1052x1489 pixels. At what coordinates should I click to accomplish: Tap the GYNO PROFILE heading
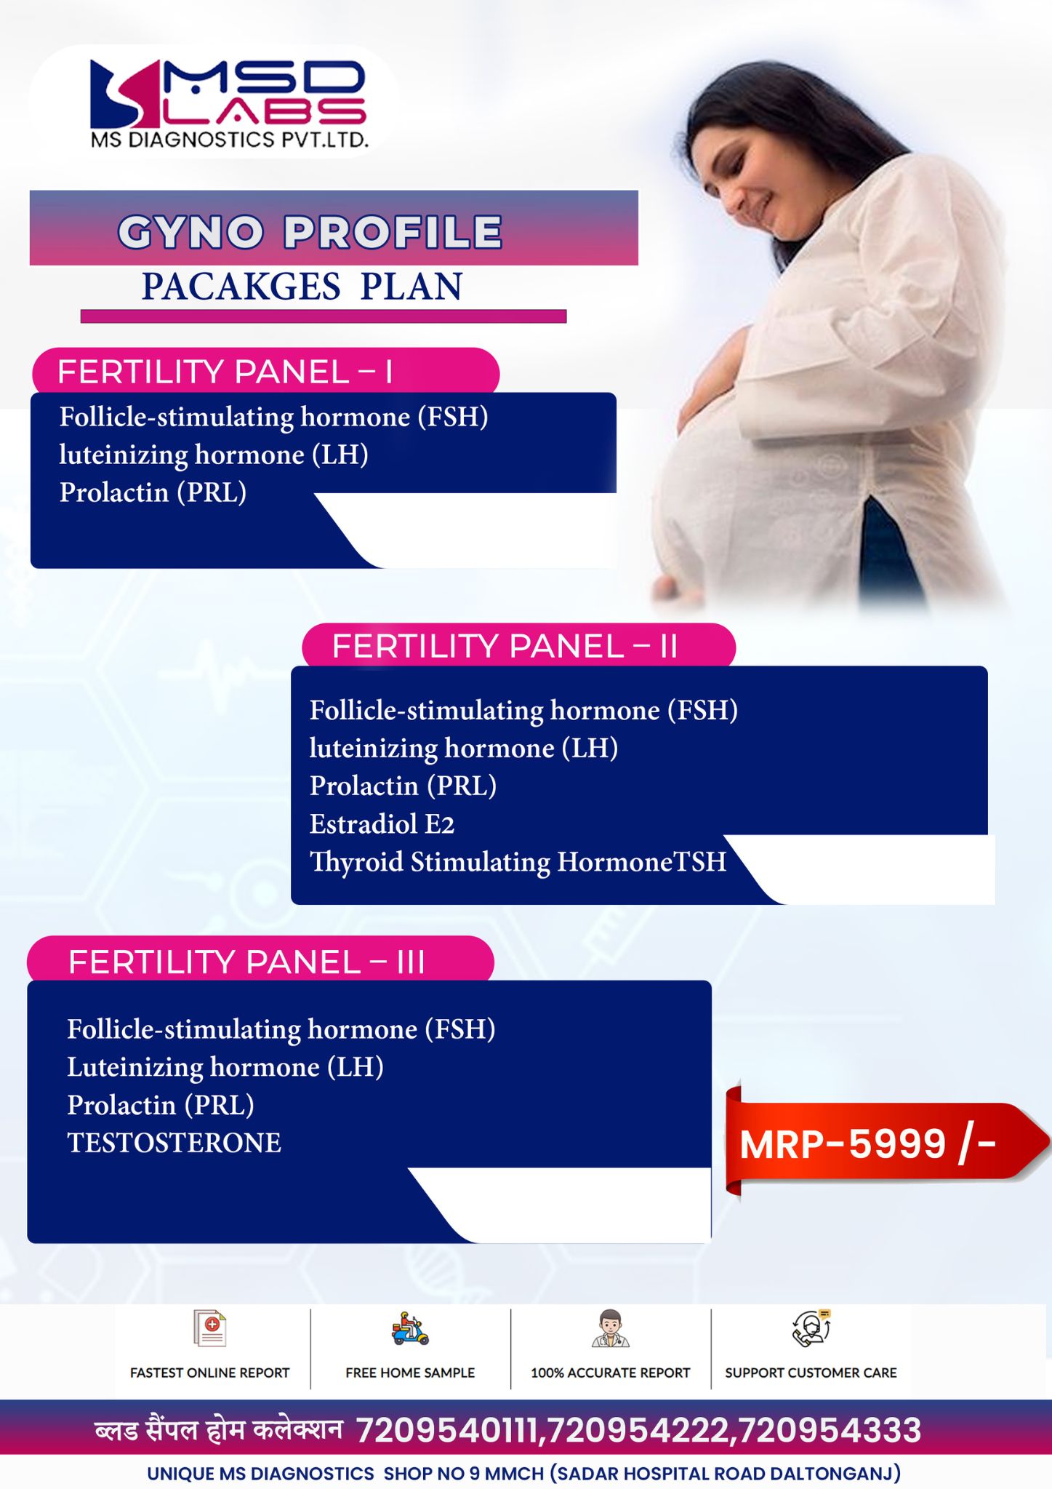point(310,232)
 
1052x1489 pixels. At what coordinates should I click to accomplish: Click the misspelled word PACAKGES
point(241,286)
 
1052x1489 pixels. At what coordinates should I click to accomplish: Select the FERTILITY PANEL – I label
point(225,372)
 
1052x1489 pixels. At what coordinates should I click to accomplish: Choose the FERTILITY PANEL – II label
point(505,646)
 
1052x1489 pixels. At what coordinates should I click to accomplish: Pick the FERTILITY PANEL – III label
point(246,962)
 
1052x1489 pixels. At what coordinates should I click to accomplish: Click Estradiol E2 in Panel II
point(382,824)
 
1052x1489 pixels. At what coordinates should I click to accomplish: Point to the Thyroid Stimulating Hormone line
point(518,862)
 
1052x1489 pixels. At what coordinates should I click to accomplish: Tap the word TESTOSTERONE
point(174,1143)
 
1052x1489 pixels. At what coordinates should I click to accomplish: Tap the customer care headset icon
point(811,1328)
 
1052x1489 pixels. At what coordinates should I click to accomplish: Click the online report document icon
point(210,1328)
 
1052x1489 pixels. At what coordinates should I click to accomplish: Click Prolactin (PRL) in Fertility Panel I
point(153,492)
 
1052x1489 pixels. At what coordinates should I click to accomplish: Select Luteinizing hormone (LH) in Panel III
point(225,1067)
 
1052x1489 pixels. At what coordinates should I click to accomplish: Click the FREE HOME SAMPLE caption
point(410,1373)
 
